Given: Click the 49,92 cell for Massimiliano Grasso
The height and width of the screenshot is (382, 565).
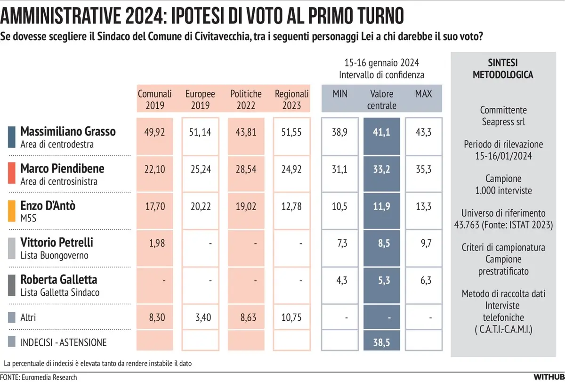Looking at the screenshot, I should tap(155, 134).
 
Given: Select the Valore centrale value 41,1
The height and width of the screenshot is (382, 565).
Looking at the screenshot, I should tap(382, 134).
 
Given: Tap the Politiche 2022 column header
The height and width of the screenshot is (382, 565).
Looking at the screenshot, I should tap(246, 99).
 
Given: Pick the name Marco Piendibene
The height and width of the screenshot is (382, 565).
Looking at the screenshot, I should tap(63, 168).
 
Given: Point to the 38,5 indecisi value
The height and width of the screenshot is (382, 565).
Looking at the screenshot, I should tap(382, 342).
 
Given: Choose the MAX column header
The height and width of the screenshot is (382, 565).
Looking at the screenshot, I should tap(423, 94).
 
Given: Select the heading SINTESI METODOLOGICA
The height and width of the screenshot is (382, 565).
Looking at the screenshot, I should tap(503, 69).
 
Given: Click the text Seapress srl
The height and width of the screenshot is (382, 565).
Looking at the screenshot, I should tap(503, 122).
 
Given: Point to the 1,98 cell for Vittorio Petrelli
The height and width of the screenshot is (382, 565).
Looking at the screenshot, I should tap(155, 243).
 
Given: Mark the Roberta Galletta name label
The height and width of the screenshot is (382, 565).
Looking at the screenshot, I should tap(59, 279).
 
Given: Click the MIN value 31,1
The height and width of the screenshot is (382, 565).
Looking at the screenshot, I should tap(340, 170).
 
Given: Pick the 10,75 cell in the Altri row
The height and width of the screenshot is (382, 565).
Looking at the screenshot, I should tap(291, 318).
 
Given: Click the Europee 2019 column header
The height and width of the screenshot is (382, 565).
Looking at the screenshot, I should tap(200, 99).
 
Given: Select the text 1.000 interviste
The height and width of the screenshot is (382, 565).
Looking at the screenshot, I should tap(503, 191).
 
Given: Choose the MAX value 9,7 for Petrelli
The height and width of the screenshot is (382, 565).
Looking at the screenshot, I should tap(423, 243).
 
